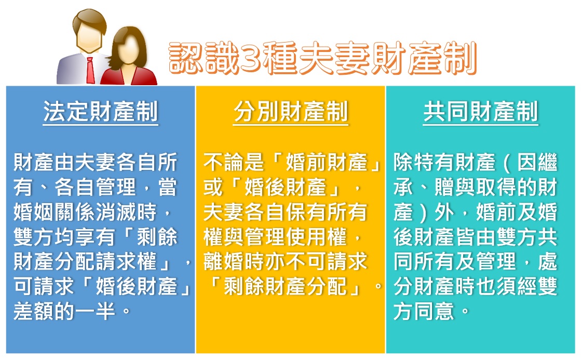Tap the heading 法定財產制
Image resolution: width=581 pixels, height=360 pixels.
100,111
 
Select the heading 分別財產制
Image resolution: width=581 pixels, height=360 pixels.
291,111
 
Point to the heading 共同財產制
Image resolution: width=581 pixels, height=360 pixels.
481,111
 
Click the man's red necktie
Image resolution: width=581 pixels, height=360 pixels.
90,70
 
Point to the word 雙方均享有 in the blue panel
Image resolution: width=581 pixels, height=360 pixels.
64,236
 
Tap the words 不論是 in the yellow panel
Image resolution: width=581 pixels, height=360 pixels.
234,163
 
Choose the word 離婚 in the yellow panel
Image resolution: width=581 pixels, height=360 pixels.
224,261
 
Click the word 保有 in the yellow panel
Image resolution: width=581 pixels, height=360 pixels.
306,212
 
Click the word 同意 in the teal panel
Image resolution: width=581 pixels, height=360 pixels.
434,311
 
